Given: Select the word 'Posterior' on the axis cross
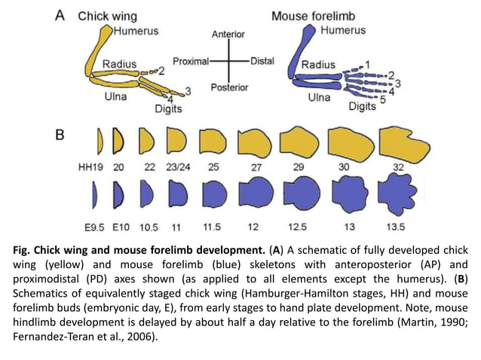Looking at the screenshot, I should coord(229,87).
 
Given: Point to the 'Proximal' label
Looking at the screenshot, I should coord(191,61).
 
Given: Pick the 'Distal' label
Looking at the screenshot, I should coord(262,61).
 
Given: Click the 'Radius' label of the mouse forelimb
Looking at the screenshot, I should coord(319,65).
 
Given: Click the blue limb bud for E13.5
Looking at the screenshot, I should coord(401,194).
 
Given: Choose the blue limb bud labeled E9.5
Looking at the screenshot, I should coord(94,194).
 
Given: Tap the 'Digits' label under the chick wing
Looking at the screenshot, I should coord(168,108).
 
